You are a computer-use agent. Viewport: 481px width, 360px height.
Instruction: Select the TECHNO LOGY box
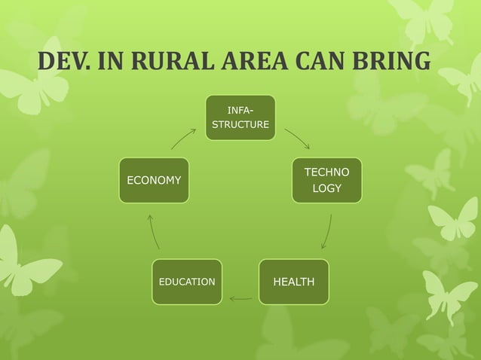click(x=326, y=180)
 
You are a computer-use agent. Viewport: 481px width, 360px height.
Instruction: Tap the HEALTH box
click(x=293, y=282)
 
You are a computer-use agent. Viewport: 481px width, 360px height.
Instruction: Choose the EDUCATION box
click(x=187, y=282)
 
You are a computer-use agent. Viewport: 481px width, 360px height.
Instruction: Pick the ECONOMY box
click(x=154, y=180)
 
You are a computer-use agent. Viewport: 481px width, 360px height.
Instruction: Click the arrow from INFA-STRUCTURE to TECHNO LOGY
click(x=297, y=139)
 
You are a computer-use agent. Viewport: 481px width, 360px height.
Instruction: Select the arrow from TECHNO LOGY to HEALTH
click(x=326, y=232)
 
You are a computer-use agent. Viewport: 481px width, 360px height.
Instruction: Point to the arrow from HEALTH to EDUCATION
click(x=240, y=298)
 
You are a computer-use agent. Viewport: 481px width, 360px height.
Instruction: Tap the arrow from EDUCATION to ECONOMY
click(x=154, y=232)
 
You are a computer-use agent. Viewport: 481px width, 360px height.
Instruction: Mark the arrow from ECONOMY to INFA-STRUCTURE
click(x=183, y=139)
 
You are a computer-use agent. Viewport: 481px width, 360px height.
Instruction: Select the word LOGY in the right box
click(x=326, y=188)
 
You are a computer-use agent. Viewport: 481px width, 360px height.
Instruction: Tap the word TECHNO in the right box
click(x=326, y=172)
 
